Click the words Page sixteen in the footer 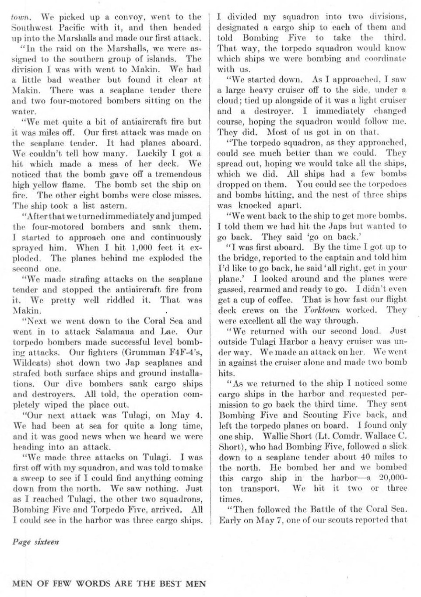[36, 542]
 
